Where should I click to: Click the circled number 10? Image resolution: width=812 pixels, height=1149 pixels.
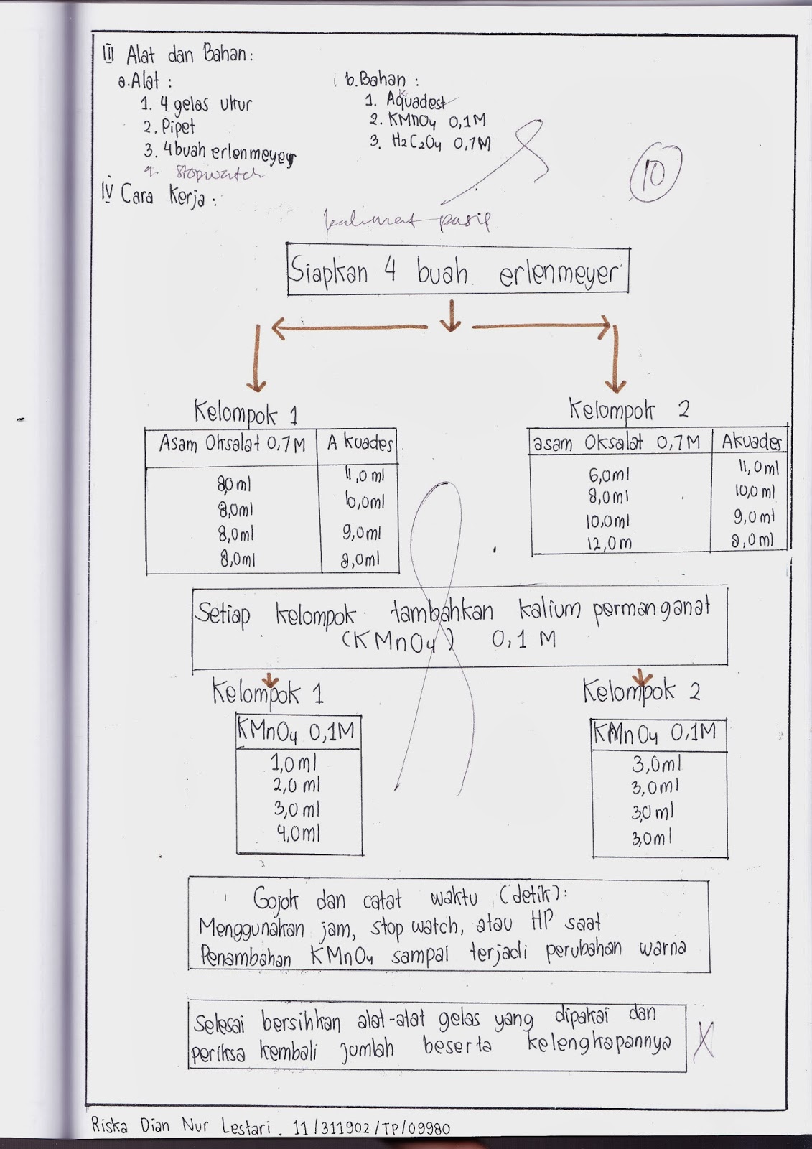point(654,175)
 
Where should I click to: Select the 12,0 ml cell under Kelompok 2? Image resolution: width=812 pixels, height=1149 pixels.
point(610,544)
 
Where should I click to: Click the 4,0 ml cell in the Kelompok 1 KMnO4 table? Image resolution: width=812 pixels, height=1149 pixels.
point(298,834)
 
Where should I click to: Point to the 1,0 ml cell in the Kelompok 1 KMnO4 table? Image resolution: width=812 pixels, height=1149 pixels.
point(294,762)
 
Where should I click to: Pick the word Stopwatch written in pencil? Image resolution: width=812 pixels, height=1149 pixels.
point(219,174)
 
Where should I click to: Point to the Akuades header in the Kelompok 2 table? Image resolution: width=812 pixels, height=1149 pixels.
point(751,441)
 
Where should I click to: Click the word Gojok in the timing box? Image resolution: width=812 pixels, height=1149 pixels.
point(276,900)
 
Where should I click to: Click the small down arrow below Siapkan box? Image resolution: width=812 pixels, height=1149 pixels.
point(450,317)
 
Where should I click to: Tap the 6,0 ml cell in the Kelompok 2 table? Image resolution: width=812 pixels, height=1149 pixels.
point(609,475)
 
